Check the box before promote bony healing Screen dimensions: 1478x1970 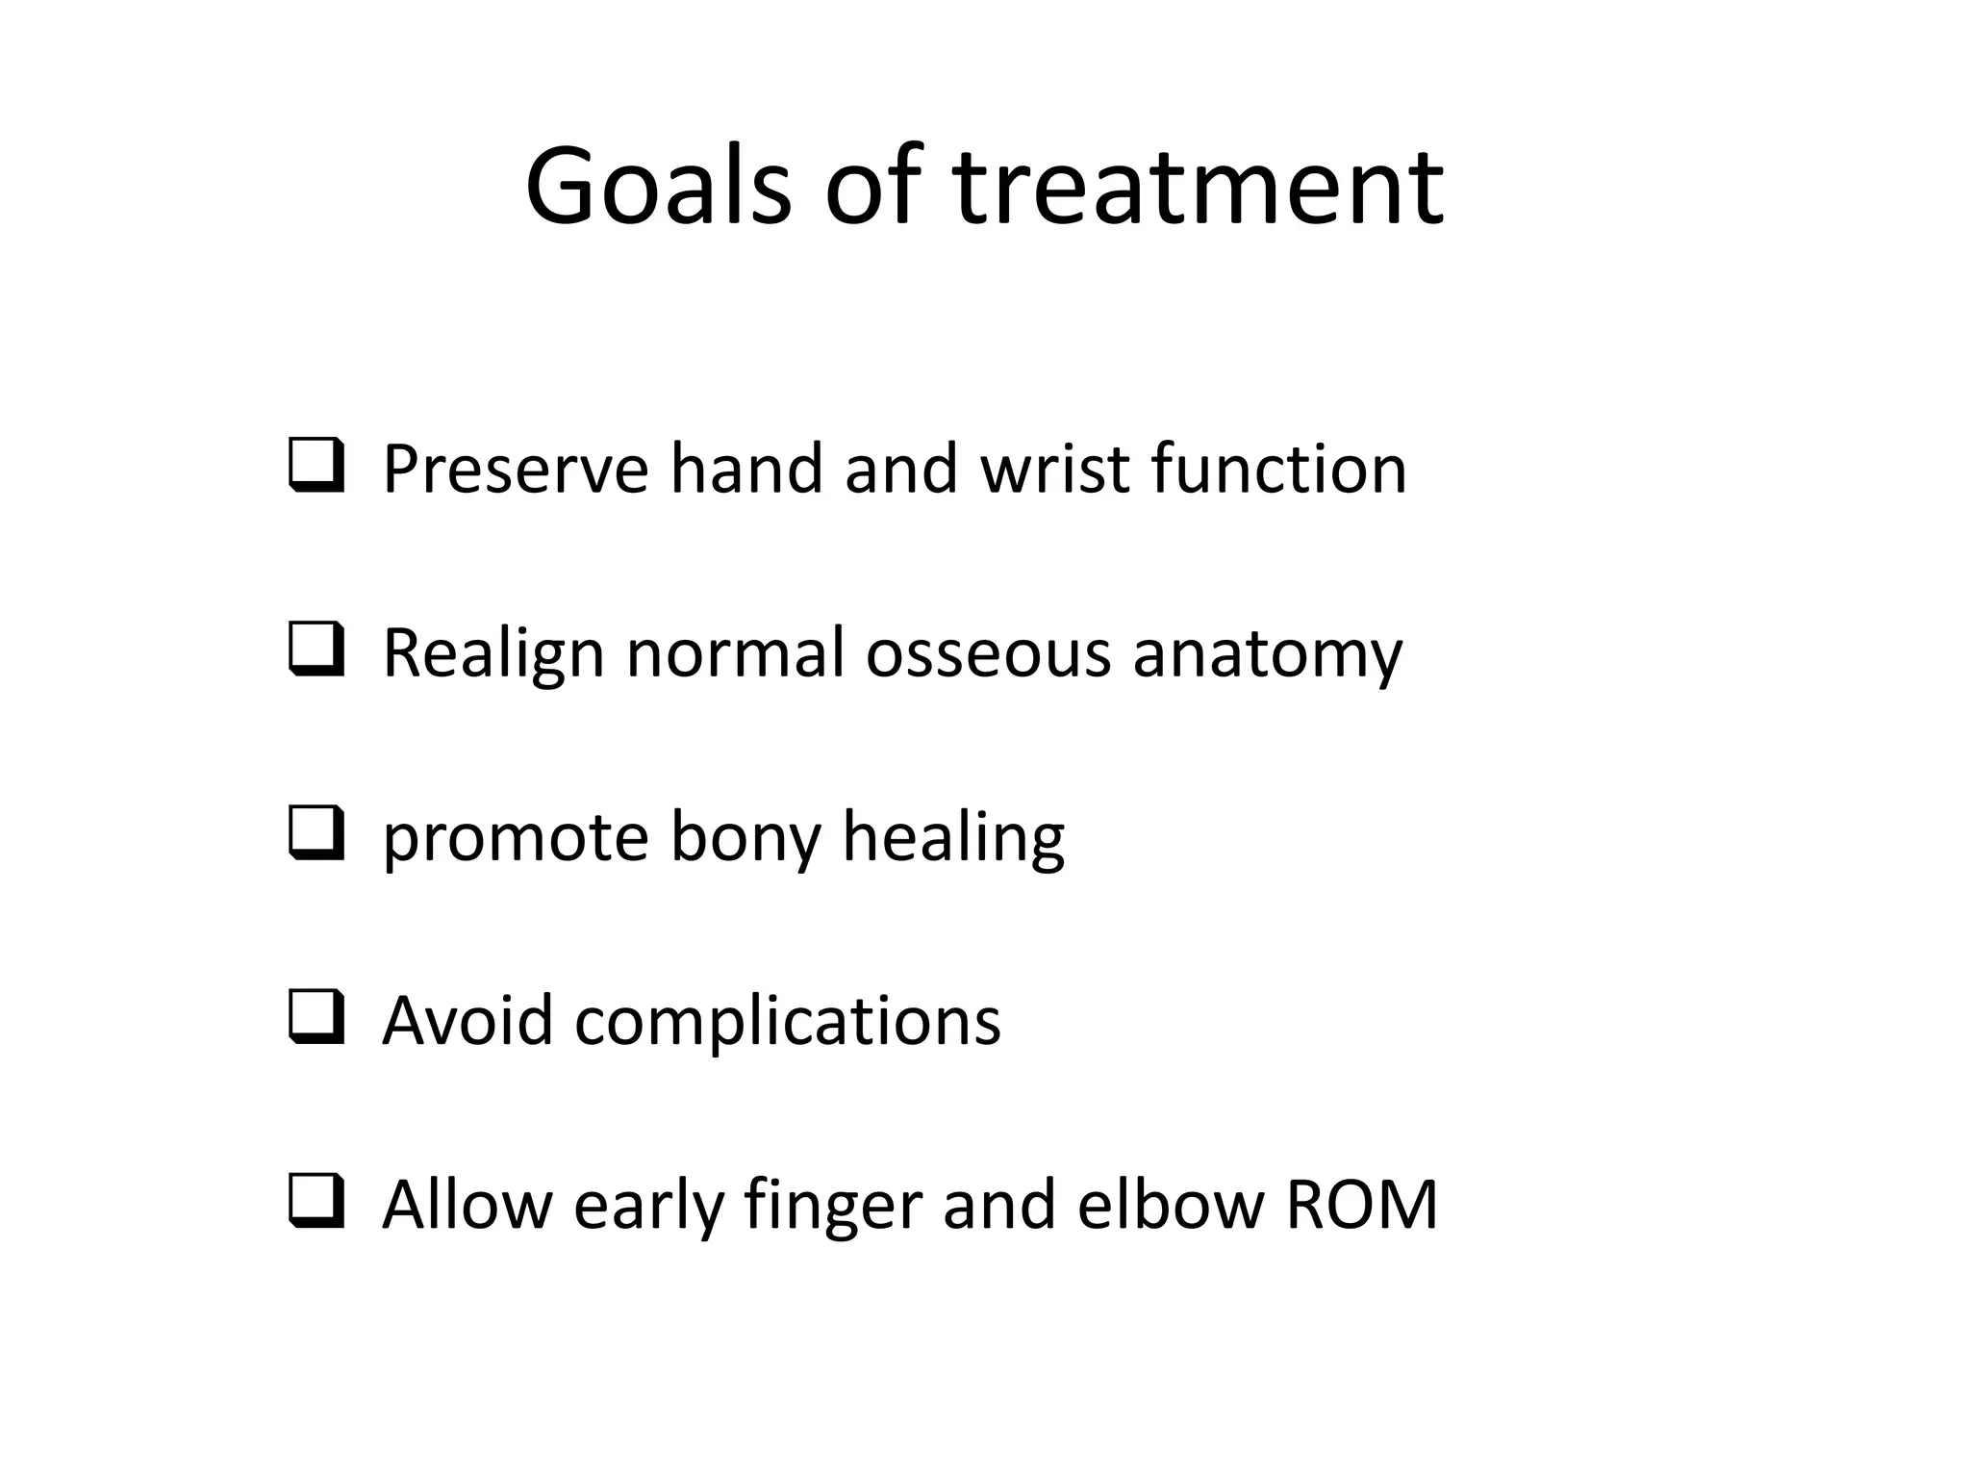[316, 833]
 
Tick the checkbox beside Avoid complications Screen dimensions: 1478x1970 [316, 1018]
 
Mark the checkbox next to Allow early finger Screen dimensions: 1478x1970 [316, 1202]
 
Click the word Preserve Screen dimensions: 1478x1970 [515, 469]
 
